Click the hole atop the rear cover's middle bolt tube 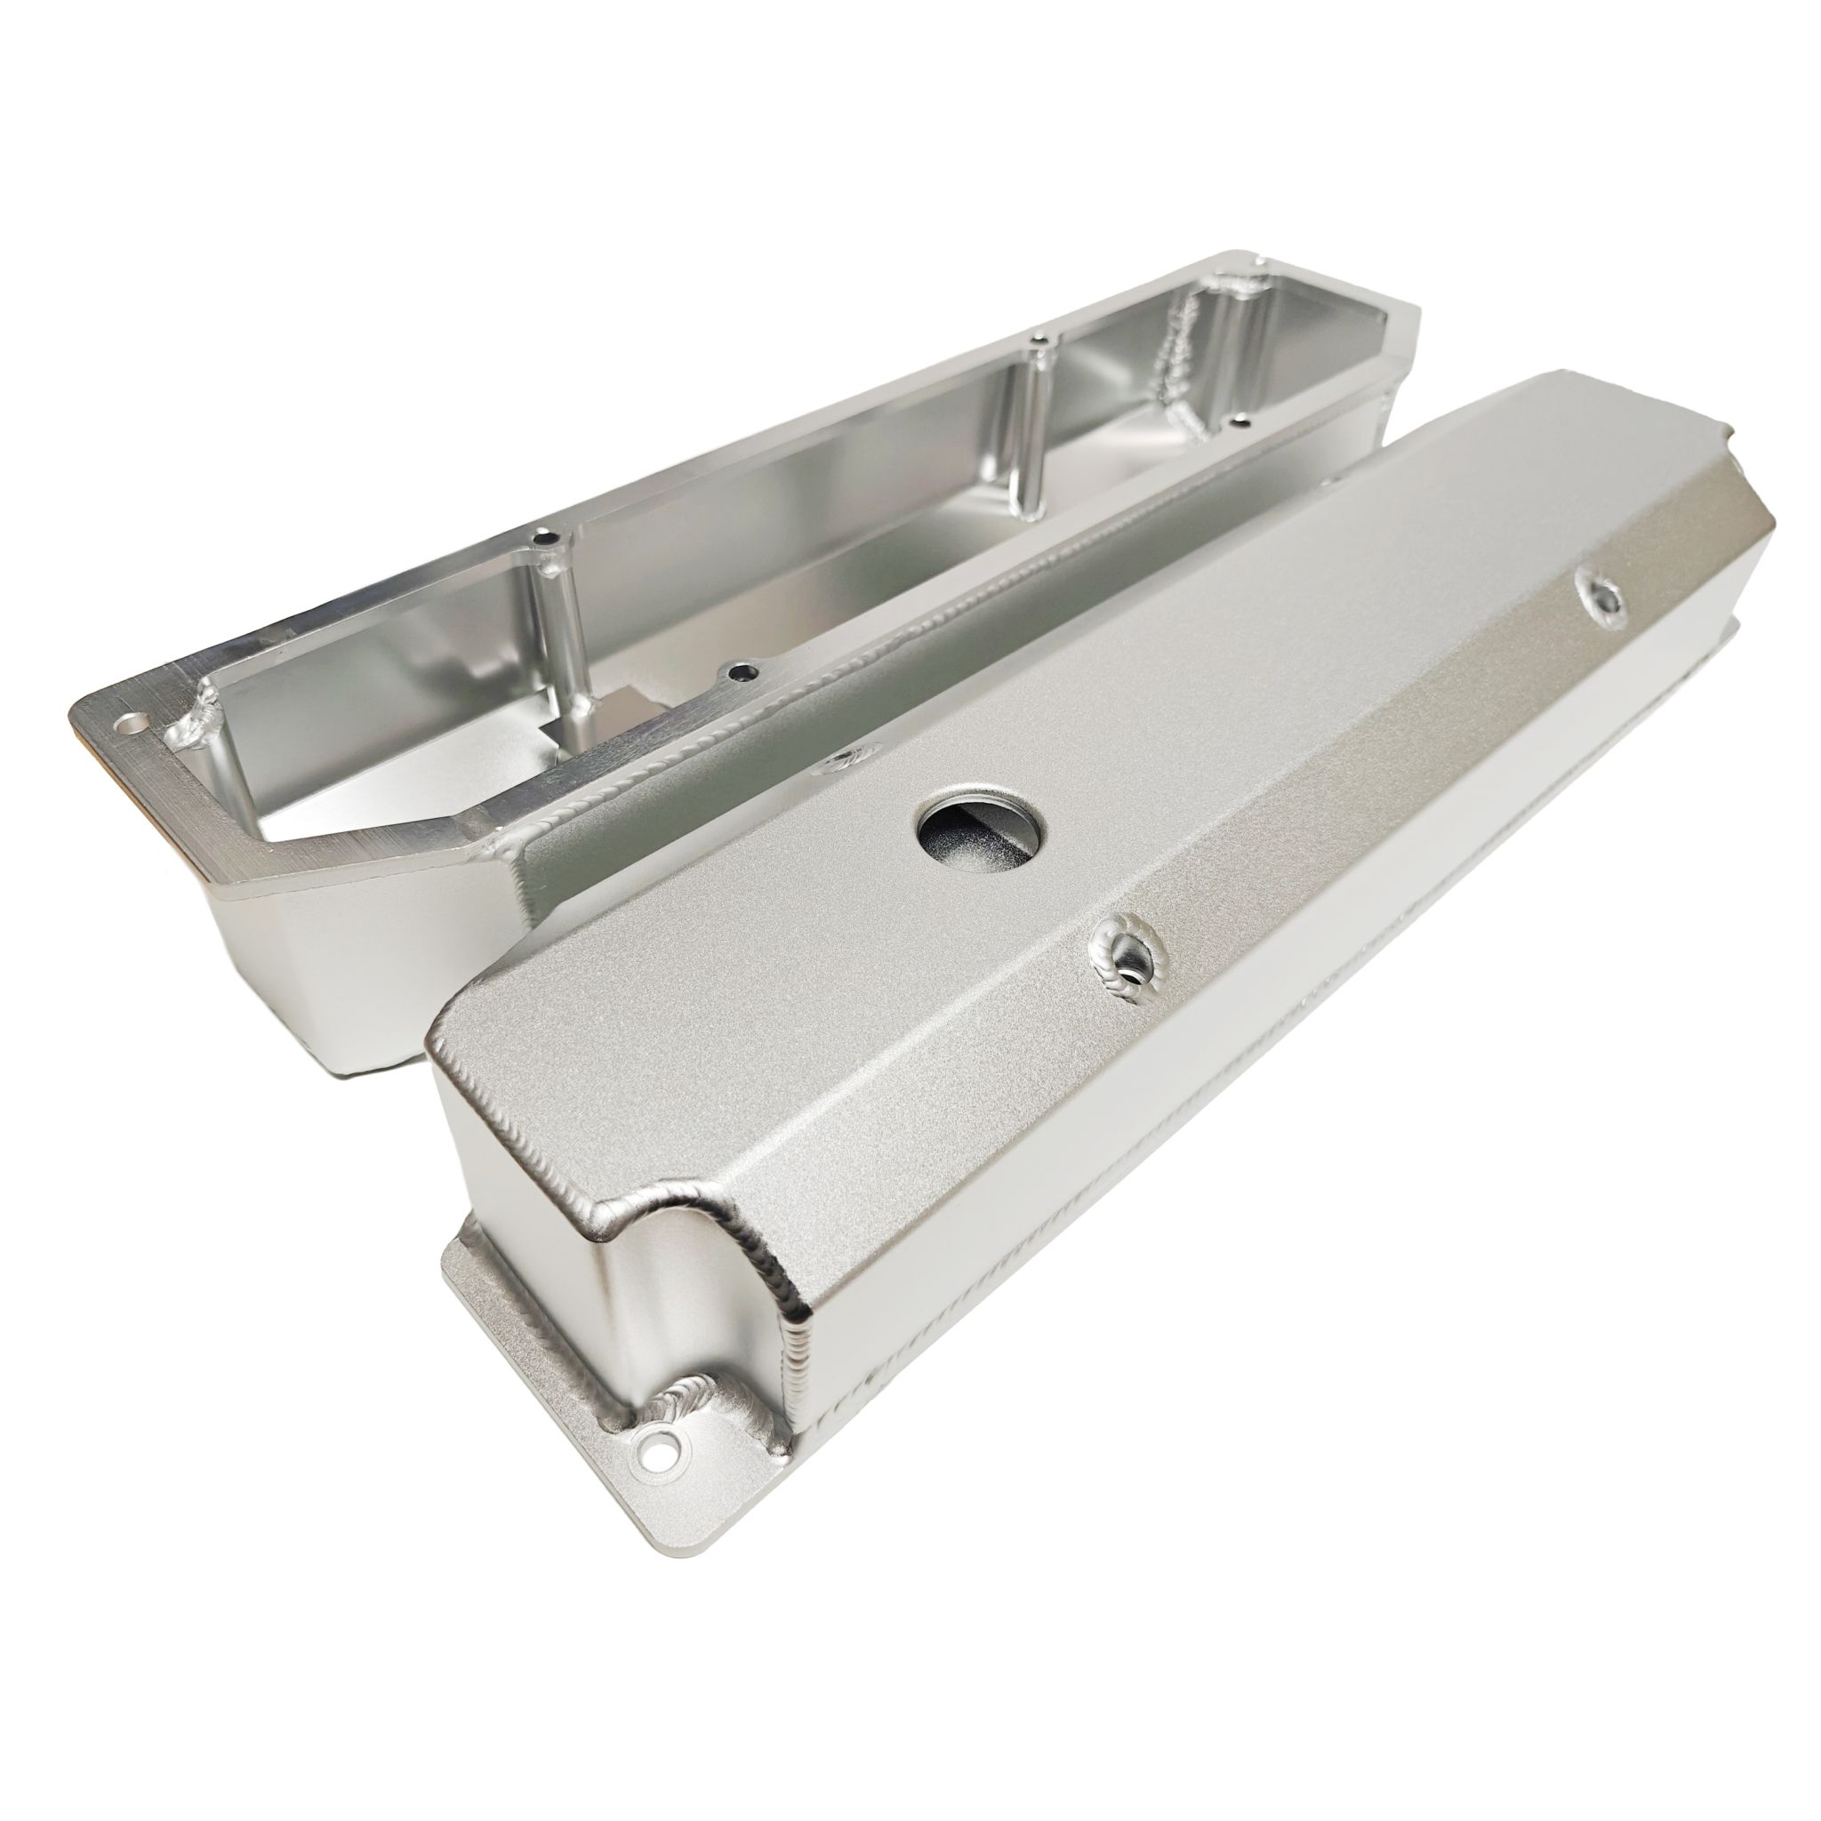pyautogui.click(x=1037, y=341)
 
